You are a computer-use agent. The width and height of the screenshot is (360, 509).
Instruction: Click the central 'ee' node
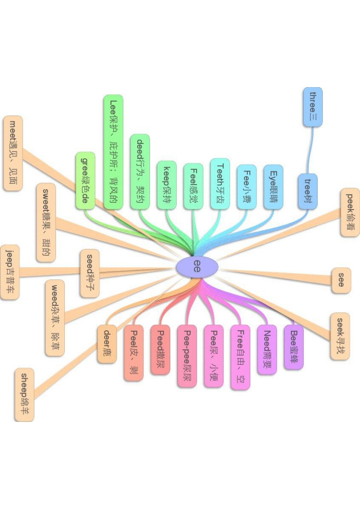[197, 266]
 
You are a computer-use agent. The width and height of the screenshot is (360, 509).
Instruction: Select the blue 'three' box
[313, 107]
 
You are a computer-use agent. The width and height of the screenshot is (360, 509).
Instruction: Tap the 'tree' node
[308, 191]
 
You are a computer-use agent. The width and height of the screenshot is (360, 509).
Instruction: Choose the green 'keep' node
[166, 186]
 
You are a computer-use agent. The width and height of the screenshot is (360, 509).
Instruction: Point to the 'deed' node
[140, 172]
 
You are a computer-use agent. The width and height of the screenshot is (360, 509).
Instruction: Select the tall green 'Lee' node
[113, 152]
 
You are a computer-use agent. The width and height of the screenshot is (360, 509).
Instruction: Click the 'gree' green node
[85, 181]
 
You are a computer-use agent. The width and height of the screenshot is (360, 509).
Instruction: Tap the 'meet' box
[13, 153]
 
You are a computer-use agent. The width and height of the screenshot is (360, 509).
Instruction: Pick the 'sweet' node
[46, 222]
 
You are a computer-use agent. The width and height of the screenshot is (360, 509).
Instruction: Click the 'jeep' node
[10, 272]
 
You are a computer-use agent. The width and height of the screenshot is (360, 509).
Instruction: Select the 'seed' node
[89, 273]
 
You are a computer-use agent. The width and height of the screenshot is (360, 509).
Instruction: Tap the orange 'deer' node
[107, 343]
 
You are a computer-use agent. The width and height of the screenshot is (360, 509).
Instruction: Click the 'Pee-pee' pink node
[187, 356]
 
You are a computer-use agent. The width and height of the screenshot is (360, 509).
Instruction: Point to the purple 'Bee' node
[294, 347]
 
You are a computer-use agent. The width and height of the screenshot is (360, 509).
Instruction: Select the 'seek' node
[340, 336]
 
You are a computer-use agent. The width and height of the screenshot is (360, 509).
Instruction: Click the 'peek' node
[350, 213]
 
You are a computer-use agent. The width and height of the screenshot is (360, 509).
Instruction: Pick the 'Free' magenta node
[240, 357]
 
